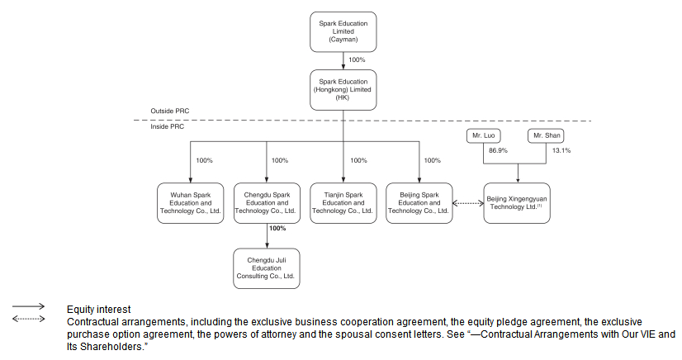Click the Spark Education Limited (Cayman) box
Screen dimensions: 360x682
[x=343, y=31]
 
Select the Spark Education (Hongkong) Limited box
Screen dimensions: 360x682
[x=343, y=90]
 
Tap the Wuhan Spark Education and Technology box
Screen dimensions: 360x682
[x=190, y=203]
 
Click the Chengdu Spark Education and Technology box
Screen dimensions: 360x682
[x=266, y=203]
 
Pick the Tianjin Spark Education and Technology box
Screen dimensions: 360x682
[x=343, y=203]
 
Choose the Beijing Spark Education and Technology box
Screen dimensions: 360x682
[x=419, y=203]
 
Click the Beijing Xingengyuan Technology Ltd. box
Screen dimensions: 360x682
[x=517, y=203]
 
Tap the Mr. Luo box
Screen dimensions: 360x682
[x=482, y=135]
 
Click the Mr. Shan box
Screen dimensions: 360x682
[x=546, y=135]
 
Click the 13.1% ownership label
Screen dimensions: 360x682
[x=561, y=152]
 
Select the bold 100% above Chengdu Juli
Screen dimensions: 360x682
[x=277, y=228]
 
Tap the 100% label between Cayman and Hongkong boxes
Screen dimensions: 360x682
[x=357, y=60]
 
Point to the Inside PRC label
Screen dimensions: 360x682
[x=168, y=127]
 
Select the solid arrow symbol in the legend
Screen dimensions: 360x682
[x=29, y=306]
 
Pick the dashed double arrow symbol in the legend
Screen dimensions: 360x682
[x=29, y=318]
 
